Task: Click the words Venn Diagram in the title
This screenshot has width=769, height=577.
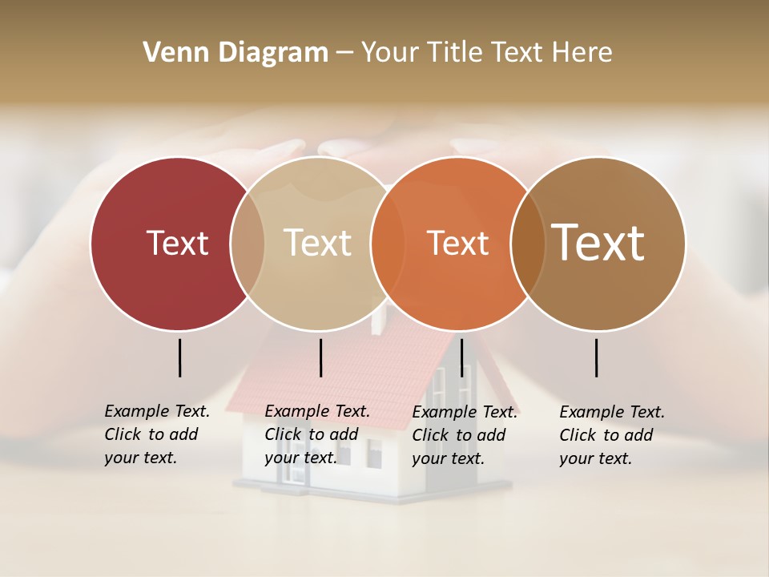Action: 236,53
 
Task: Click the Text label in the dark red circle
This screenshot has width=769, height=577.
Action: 177,243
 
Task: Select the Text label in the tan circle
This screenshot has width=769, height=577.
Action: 317,243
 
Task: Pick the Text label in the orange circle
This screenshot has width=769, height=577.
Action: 457,243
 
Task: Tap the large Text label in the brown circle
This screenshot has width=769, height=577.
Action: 598,243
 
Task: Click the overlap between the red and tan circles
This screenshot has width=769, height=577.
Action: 248,243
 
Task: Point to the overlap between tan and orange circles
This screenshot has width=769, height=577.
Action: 387,243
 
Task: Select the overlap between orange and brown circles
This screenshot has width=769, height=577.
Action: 527,243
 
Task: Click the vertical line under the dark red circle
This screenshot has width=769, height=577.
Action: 180,357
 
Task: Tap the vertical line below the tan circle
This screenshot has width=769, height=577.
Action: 320,357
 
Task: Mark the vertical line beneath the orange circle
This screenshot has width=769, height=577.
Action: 462,357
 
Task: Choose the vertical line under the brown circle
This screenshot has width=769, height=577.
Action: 597,357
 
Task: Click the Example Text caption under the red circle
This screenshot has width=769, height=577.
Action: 156,434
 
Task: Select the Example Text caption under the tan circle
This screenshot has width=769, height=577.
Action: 316,434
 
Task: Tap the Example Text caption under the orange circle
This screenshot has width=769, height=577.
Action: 464,435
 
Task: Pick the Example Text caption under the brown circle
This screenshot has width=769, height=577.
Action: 611,435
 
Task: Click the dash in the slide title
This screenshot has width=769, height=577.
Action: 344,54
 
